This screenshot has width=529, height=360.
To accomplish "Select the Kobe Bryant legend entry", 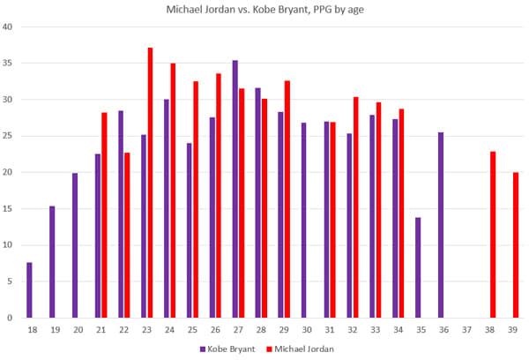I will coord(231,349).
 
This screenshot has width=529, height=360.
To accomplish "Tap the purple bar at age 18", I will coord(29,290).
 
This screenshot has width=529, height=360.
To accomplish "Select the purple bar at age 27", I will coord(235,189).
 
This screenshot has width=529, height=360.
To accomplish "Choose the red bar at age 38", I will coord(493,235).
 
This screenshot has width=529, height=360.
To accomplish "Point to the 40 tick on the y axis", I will coord(7,26).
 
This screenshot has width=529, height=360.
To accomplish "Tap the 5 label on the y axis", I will coord(10,281).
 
